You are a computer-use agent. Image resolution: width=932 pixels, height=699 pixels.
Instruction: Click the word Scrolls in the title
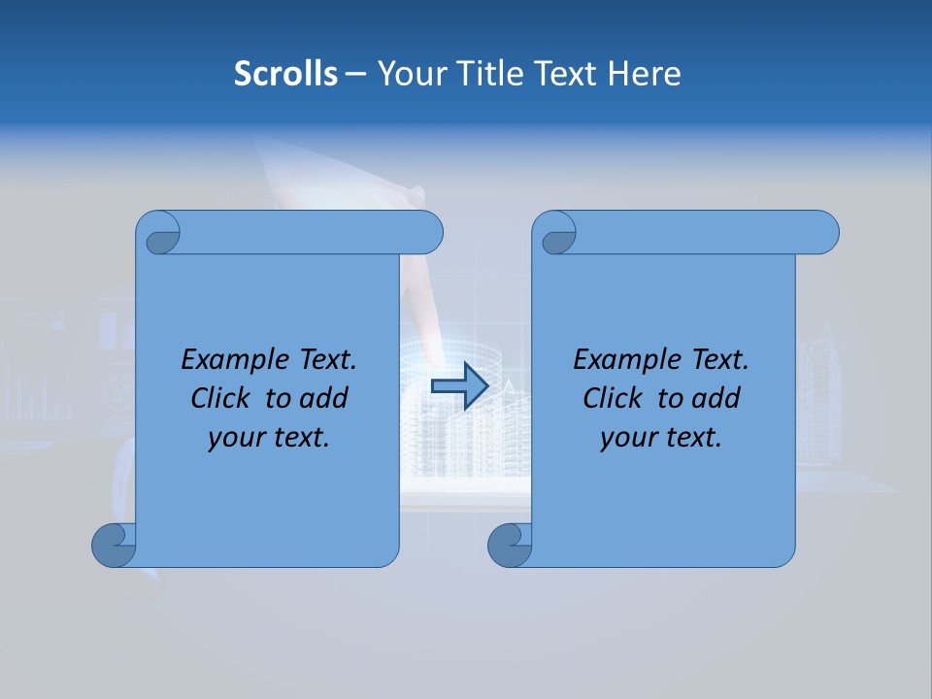[285, 74]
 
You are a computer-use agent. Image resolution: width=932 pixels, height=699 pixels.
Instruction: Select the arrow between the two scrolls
[459, 386]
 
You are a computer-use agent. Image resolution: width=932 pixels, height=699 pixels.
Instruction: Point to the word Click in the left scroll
[222, 398]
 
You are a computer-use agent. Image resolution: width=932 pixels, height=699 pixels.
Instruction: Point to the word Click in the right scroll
[614, 398]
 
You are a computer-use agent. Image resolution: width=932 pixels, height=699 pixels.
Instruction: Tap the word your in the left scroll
[235, 438]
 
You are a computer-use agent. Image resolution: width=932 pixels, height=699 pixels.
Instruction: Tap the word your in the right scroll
[627, 438]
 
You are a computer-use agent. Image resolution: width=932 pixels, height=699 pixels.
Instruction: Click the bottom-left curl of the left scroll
[114, 545]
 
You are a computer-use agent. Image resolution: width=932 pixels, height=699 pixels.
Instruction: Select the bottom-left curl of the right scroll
[510, 545]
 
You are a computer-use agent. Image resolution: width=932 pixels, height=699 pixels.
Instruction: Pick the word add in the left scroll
[325, 398]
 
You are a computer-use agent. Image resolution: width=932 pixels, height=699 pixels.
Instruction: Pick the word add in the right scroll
[717, 398]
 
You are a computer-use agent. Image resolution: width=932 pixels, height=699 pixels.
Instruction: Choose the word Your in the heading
[408, 74]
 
